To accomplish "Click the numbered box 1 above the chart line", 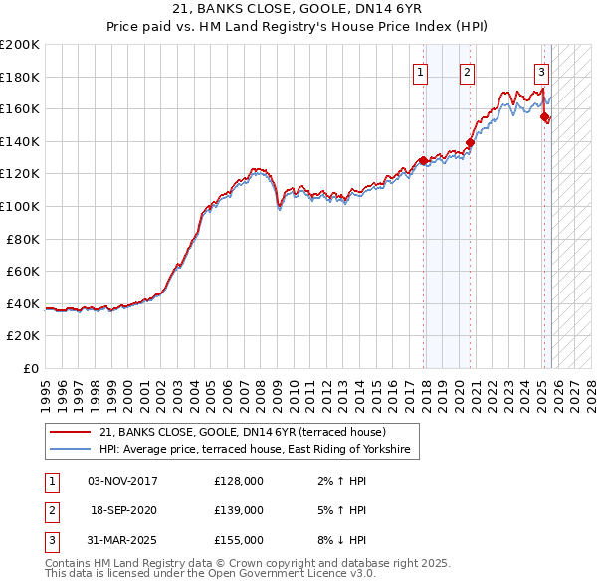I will click(421, 72).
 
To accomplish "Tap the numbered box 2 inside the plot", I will click(467, 72).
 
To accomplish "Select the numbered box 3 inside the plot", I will click(541, 72).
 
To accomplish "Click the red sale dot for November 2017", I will click(424, 160).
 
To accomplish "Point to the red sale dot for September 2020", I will click(471, 142).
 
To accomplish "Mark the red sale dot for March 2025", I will click(545, 116).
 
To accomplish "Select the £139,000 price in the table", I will click(238, 510).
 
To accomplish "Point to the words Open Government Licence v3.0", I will click(298, 573).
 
